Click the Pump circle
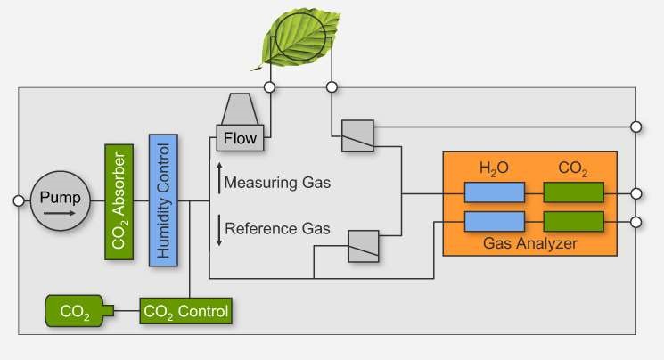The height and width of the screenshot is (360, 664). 61,199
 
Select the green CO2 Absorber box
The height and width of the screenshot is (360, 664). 119,200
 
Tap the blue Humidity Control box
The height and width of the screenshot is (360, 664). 163,200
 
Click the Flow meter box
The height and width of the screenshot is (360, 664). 240,139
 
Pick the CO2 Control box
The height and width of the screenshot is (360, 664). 184,312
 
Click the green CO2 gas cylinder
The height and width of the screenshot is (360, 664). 78,312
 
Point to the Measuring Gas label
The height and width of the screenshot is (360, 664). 277,184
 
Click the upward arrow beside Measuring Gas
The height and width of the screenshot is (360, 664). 218,178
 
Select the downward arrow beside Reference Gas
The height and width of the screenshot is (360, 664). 218,229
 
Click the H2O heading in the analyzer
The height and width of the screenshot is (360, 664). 493,168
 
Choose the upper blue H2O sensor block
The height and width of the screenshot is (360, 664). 493,192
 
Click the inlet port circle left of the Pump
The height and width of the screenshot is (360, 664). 19,200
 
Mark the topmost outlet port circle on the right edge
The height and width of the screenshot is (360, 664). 635,127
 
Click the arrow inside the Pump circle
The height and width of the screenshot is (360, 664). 61,214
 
